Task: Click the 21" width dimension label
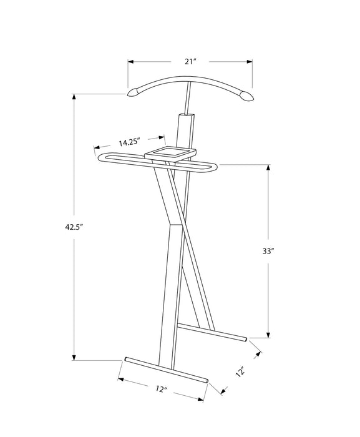point(191,61)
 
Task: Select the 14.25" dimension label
point(129,142)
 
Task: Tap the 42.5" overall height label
point(74,227)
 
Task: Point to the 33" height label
point(268,252)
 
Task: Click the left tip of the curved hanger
point(132,93)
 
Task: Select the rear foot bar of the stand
point(212,331)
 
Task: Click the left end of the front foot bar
point(127,360)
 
